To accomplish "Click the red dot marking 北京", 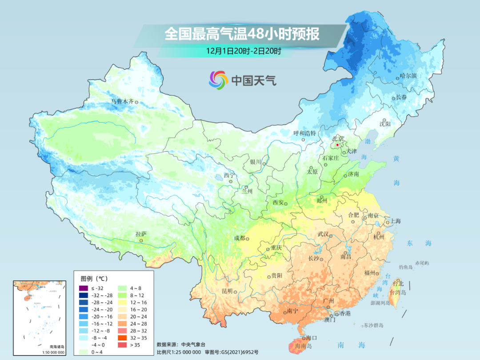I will click(338, 145).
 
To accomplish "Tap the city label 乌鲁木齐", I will click(122, 102).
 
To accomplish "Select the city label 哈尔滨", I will click(408, 76).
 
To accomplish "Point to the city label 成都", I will click(240, 238).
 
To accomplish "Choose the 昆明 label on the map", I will click(227, 291).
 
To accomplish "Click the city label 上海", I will click(395, 221).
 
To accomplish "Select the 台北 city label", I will click(397, 283).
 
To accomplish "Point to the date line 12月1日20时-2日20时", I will click(243, 51).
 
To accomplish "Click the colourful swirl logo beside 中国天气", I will click(219, 80).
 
